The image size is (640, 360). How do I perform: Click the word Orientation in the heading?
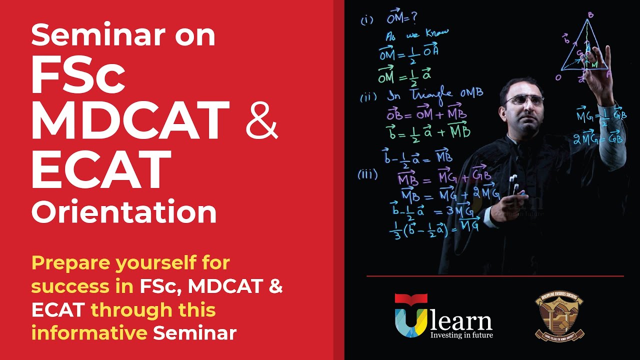[124, 211]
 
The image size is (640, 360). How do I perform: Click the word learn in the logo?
[461, 320]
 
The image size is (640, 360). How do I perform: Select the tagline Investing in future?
[461, 334]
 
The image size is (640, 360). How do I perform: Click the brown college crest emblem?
[559, 315]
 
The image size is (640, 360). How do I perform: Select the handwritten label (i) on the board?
[367, 21]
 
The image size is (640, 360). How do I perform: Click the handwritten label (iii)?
[367, 174]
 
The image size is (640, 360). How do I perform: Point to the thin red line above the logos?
[495, 276]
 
